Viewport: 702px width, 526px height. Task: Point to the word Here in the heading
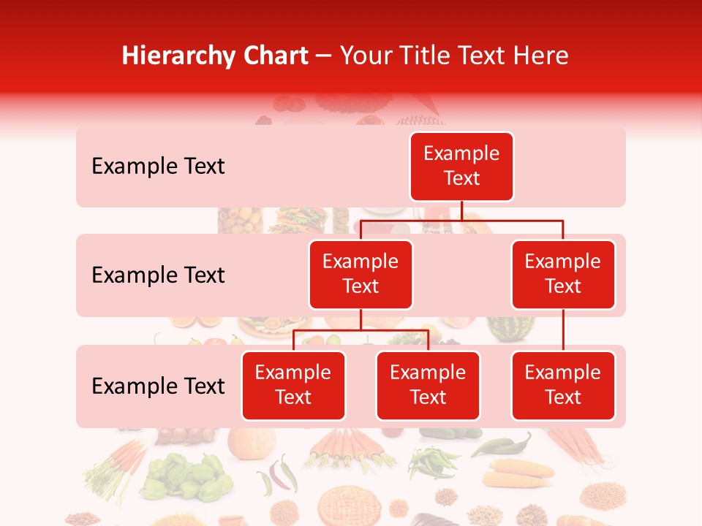coord(541,56)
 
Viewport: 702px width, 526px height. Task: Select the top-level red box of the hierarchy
coord(461,167)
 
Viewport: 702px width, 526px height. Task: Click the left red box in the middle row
coord(361,275)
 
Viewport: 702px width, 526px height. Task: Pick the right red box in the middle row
coord(563,275)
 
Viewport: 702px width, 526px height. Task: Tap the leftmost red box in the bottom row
coord(293,386)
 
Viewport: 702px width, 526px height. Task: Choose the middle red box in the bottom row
coord(428,386)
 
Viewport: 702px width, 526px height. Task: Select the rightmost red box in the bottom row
coord(563,386)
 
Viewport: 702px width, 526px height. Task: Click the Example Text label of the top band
coord(158,167)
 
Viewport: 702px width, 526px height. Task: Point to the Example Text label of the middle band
coord(158,275)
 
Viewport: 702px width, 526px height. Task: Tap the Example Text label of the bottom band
coord(158,386)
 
